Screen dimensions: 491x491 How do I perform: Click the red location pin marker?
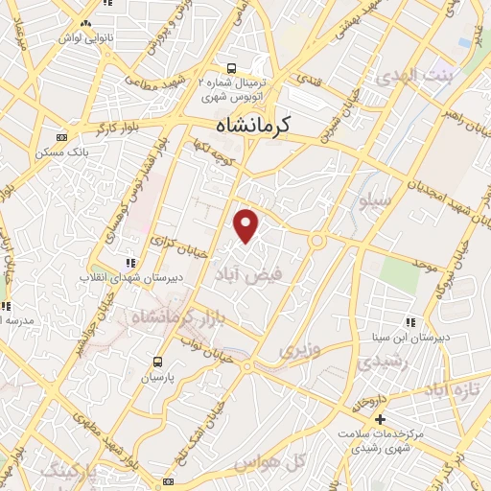[247, 225]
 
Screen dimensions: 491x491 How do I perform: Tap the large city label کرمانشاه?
[253, 124]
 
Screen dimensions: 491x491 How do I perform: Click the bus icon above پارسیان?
[158, 362]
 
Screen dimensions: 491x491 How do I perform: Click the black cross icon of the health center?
[381, 419]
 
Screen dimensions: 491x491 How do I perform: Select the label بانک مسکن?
[65, 152]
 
